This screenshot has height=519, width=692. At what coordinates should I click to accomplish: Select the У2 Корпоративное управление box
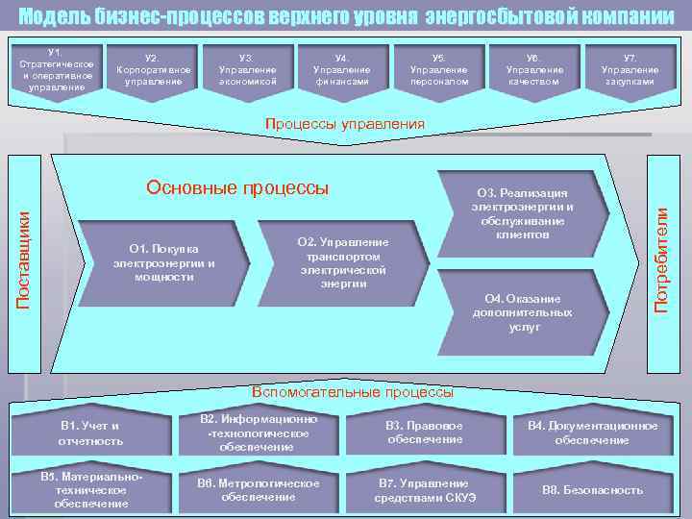(x=151, y=70)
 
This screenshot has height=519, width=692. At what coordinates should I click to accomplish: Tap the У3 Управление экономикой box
(x=247, y=70)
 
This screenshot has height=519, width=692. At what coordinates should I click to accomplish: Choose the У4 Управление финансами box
(x=342, y=70)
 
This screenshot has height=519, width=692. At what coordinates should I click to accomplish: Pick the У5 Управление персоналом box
(x=438, y=70)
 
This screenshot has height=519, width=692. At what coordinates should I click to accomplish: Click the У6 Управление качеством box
(x=534, y=70)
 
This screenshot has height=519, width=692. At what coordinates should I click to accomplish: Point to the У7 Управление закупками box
(x=630, y=70)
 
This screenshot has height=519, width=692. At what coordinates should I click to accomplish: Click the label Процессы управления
(x=344, y=124)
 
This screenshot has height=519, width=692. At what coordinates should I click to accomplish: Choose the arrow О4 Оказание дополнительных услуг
(x=522, y=312)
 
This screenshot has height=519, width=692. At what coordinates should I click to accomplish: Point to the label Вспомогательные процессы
(x=352, y=391)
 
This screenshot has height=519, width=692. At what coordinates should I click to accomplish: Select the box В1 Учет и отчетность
(x=91, y=433)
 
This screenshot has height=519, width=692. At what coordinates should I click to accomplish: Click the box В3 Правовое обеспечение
(x=424, y=433)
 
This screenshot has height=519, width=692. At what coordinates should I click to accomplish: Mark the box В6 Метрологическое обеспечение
(x=258, y=490)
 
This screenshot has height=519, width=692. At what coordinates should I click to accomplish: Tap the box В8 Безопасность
(x=592, y=490)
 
